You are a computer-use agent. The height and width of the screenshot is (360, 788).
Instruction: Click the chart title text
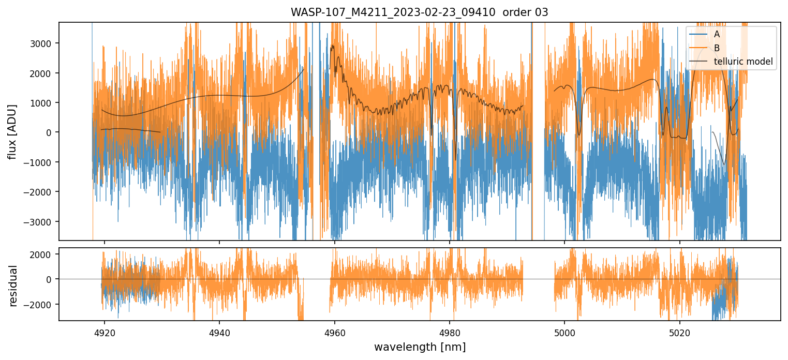pyautogui.click(x=419, y=12)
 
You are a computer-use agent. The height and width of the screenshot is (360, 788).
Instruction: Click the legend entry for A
pyautogui.click(x=717, y=34)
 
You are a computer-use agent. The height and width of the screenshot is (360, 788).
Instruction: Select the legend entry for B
pyautogui.click(x=717, y=48)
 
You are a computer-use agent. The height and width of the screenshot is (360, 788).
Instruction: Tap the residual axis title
pyautogui.click(x=13, y=286)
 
